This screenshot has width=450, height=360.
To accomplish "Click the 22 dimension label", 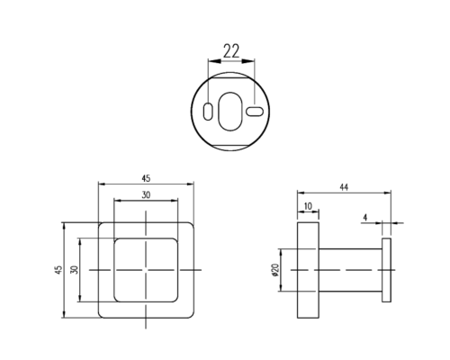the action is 231,51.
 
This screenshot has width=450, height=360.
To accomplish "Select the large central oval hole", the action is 230,112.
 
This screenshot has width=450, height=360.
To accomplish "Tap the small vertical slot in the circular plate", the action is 208,112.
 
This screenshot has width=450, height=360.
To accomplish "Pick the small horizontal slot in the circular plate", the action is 255,112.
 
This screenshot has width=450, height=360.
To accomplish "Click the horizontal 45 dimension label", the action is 146,178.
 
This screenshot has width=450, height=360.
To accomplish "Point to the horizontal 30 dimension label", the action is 146,195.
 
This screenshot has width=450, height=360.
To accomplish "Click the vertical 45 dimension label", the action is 58,269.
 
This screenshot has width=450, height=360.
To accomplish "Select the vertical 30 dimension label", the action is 75,269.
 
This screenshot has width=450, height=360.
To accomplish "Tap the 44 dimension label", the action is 344,187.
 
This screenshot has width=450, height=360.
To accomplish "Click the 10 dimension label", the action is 308,206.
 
